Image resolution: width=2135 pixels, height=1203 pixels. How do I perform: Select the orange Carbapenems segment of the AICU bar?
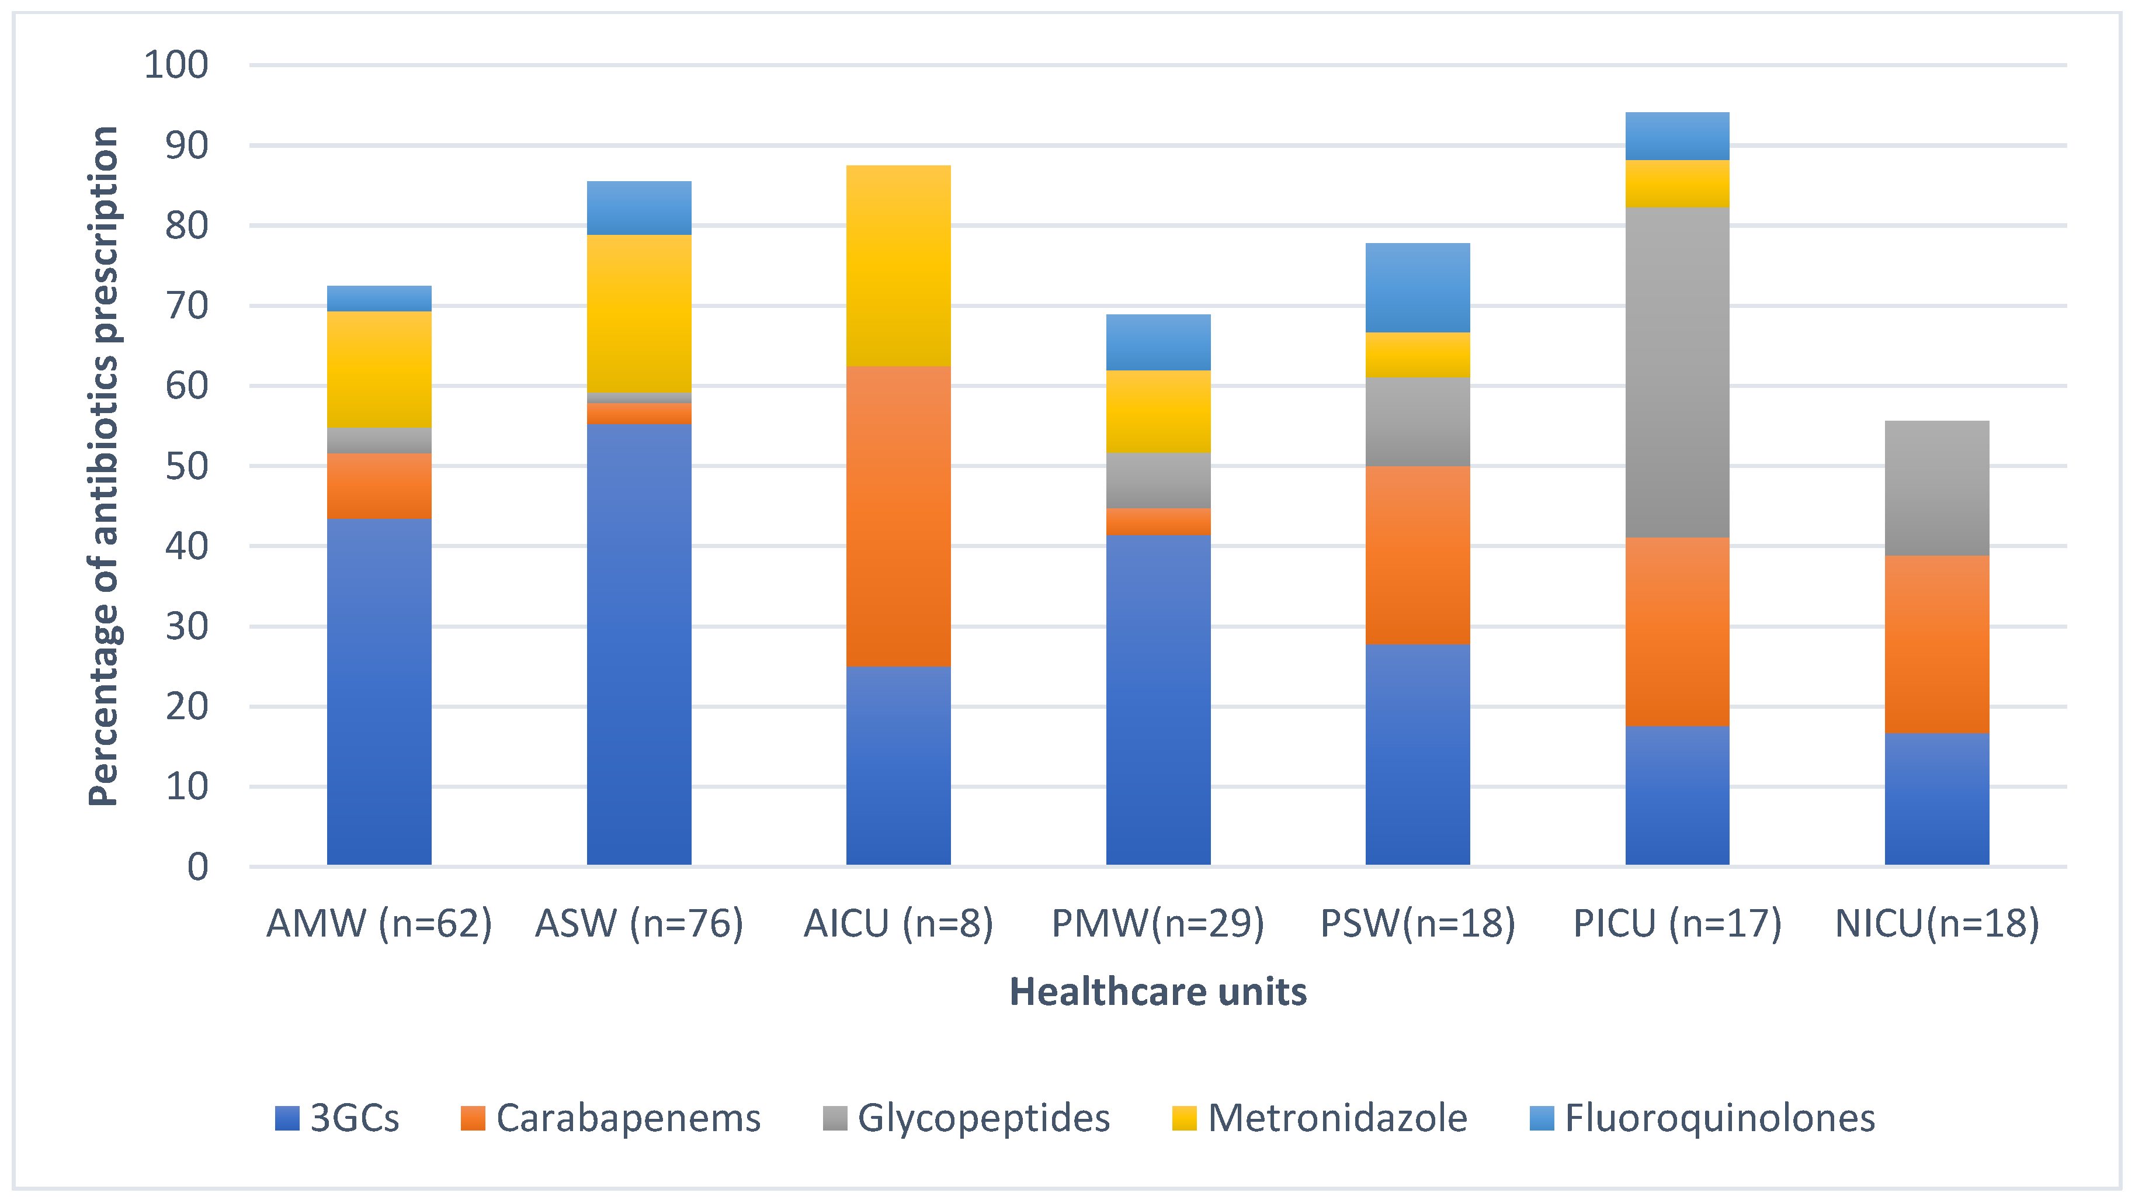[898, 516]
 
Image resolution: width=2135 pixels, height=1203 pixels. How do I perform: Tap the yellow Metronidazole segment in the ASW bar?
[639, 313]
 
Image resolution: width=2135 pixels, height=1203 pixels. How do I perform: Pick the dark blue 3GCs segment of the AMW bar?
[380, 691]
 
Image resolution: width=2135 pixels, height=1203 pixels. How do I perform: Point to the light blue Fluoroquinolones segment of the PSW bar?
[1417, 287]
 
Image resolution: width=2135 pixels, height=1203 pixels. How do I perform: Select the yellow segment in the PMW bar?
[1158, 411]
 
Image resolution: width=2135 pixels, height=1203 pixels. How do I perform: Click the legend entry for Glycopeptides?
[966, 1118]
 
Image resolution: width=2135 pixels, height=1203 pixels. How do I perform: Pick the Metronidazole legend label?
[1320, 1118]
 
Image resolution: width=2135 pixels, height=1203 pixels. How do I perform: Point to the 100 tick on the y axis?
[176, 65]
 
